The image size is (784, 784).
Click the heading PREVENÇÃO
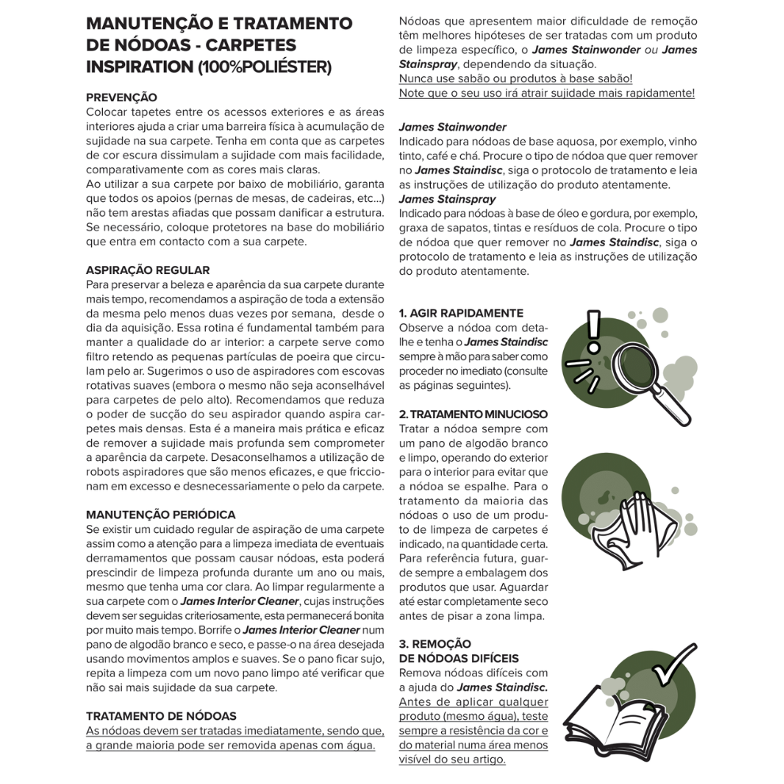[122, 97]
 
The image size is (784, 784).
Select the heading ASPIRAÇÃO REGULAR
[148, 270]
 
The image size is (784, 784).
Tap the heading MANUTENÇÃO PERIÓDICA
[161, 515]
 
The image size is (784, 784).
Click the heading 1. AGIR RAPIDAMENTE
[461, 314]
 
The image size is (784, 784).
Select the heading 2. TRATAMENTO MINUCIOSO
[474, 414]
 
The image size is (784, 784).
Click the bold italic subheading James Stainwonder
[453, 127]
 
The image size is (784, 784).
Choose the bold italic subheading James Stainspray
[447, 199]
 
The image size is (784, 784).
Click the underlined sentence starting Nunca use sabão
[516, 78]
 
